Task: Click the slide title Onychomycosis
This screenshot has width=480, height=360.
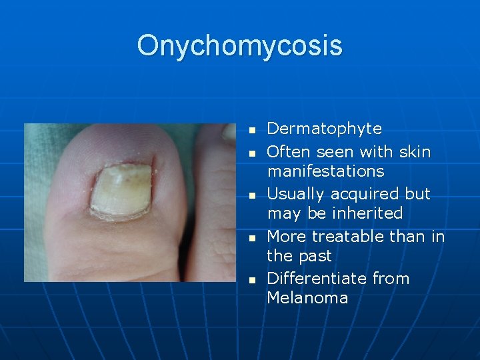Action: coord(239,45)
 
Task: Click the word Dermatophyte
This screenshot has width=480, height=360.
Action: coord(324,129)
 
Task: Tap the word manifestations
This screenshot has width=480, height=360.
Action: coord(325,171)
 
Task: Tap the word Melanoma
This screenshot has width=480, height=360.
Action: coord(307,298)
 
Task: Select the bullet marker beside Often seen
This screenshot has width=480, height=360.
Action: coord(252,153)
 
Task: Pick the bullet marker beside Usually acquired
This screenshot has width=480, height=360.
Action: coord(252,195)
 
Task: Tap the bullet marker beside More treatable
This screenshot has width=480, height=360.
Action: coord(252,238)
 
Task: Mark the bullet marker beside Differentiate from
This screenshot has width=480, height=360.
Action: coord(252,280)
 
